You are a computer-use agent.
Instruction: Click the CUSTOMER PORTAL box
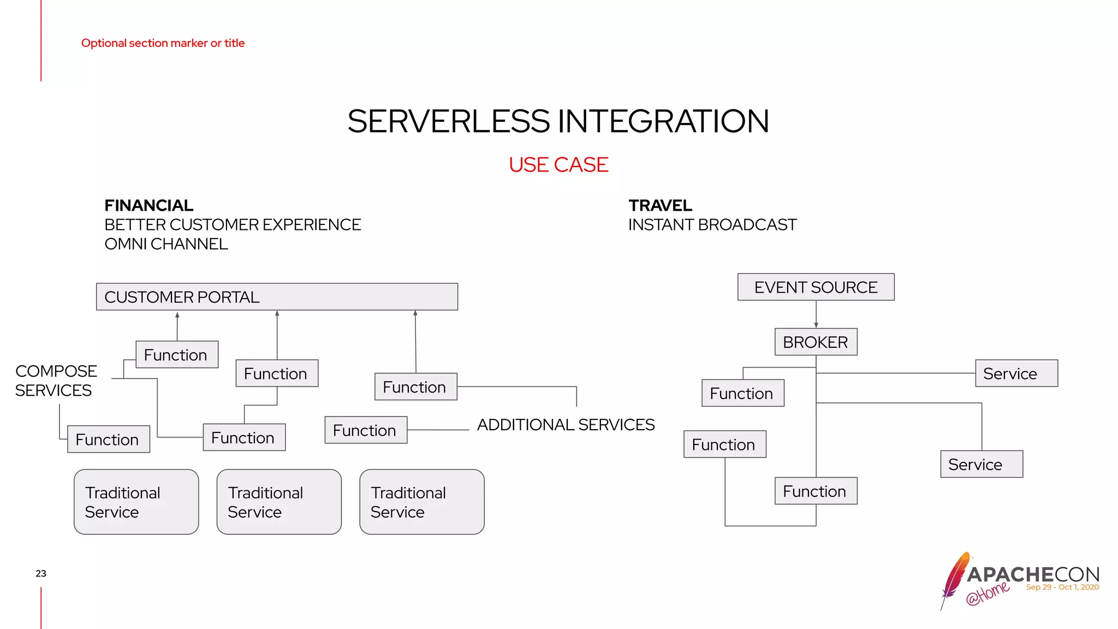[x=277, y=297]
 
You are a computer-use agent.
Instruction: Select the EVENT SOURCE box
[x=816, y=287]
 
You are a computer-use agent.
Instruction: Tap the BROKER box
[x=816, y=342]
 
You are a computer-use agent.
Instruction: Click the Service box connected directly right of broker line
[x=1016, y=373]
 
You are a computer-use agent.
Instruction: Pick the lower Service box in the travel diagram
[x=981, y=464]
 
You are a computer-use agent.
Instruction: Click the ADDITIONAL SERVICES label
[x=566, y=425]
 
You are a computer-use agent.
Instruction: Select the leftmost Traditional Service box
[x=136, y=502]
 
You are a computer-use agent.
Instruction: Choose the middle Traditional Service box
[x=279, y=502]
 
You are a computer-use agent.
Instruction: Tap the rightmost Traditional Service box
[x=421, y=502]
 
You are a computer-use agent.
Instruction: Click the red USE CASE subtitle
[x=558, y=165]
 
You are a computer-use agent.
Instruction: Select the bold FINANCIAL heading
[x=148, y=206]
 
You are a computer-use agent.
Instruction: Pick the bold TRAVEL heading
[x=660, y=206]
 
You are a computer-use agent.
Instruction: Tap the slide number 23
[x=41, y=573]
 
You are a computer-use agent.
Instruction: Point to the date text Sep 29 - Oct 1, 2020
[x=1062, y=588]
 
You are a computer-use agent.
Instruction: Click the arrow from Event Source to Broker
[x=816, y=314]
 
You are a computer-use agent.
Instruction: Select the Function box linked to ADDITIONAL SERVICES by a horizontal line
[x=366, y=430]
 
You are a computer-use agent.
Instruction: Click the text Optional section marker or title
[x=163, y=43]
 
